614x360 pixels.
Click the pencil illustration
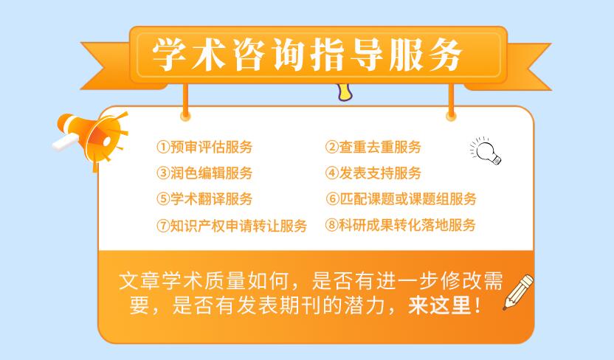pos(518,291)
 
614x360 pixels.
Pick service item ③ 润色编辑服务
pos(204,173)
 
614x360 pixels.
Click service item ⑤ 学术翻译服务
pos(204,198)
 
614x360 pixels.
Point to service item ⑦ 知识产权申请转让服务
pos(231,225)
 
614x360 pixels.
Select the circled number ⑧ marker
pos(331,225)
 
